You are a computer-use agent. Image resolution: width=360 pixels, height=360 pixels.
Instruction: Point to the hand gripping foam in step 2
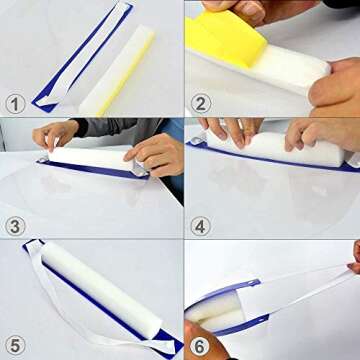[x=335, y=85]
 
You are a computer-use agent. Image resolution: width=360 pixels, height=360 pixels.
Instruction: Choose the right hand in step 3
[x=155, y=153]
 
